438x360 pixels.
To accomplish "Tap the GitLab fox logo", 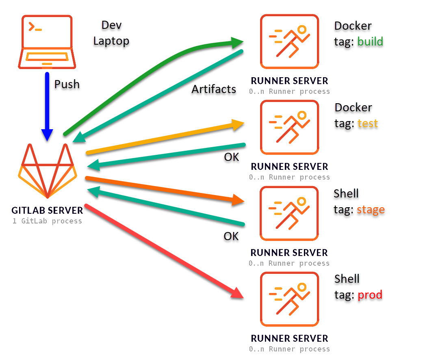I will pos(48,171).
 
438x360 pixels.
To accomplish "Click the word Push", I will pos(67,85).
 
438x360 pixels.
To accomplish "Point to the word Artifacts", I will pos(214,89).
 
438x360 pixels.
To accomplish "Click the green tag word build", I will pos(370,41).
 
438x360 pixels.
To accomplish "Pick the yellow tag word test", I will pos(368,123).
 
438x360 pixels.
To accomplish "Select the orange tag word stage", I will pos(371,210).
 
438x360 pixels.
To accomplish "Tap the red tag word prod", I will pos(370,295).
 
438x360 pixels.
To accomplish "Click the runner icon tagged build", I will pos(289,41).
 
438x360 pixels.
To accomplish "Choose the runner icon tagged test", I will pos(289,127).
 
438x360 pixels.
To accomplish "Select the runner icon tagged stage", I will pos(289,213).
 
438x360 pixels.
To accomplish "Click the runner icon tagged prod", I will pos(289,299).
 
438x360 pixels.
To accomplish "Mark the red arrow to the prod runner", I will pos(163,251).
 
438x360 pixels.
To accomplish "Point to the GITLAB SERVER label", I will pos(47,210).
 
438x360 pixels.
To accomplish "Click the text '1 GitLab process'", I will pos(47,221).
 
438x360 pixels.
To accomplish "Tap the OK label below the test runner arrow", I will pos(232,157).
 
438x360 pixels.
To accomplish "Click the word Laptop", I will pos(111,41).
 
